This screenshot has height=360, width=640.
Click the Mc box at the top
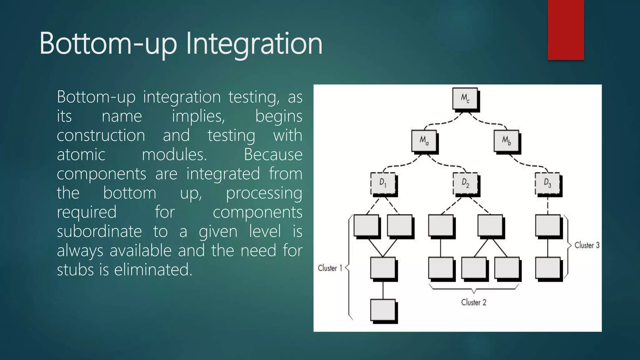pyautogui.click(x=465, y=99)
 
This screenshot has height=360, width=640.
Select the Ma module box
pyautogui.click(x=424, y=141)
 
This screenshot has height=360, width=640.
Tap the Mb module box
pyautogui.click(x=506, y=141)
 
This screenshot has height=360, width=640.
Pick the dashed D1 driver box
pyautogui.click(x=383, y=183)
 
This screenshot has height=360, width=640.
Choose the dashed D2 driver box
pyautogui.click(x=465, y=183)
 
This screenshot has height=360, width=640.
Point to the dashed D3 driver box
pyautogui.click(x=547, y=183)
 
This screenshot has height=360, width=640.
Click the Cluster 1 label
pyautogui.click(x=330, y=268)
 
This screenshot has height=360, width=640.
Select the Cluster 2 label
pyautogui.click(x=474, y=302)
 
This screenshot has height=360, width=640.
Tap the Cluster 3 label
pyautogui.click(x=587, y=245)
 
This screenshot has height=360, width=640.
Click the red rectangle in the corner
pyautogui.click(x=566, y=30)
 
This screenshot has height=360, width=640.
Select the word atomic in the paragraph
pyautogui.click(x=81, y=155)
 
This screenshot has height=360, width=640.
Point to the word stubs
pyautogui.click(x=75, y=270)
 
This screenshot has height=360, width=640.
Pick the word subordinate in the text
pyautogui.click(x=99, y=232)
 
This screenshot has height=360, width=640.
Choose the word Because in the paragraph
pyautogui.click(x=273, y=155)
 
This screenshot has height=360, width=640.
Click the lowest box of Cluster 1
pyautogui.click(x=383, y=310)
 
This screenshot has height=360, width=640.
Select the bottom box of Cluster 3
pyautogui.click(x=547, y=268)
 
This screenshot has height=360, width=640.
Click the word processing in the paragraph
pyautogui.click(x=264, y=193)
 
